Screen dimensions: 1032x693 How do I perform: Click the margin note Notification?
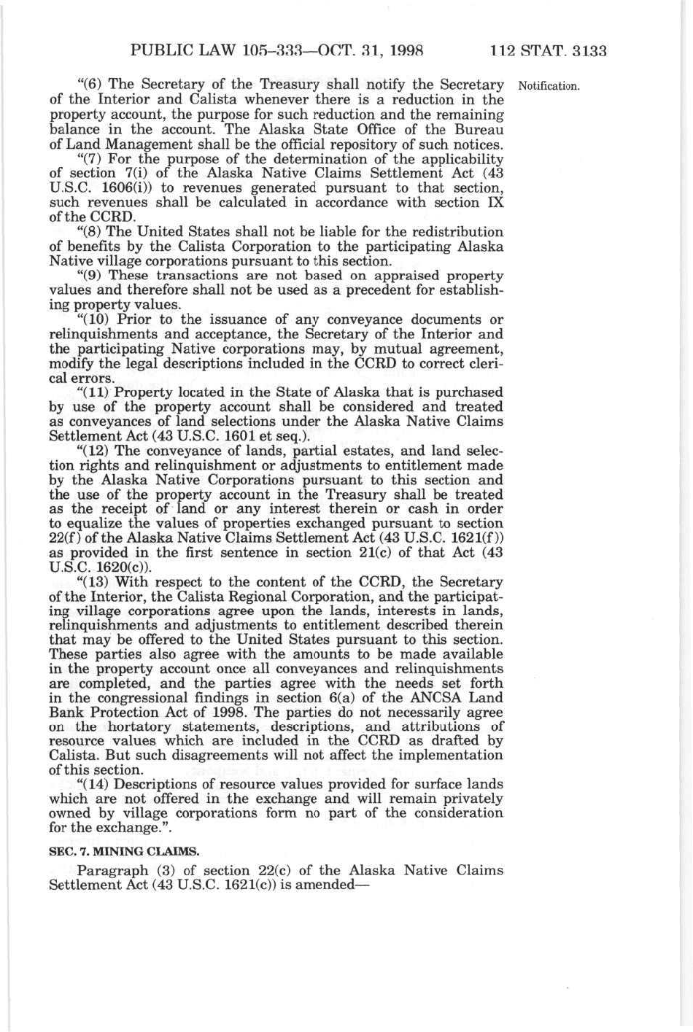[x=548, y=86]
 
